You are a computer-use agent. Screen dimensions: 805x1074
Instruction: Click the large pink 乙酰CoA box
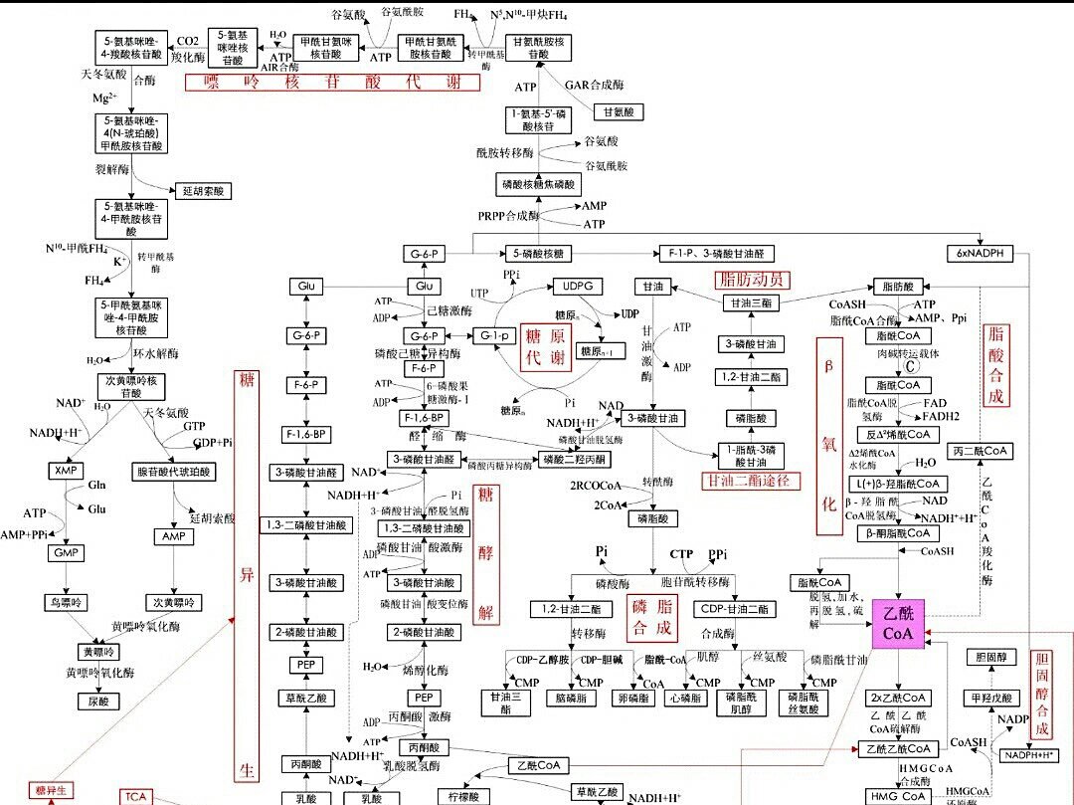[x=898, y=623]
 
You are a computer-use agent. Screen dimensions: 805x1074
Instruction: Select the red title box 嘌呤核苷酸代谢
[x=332, y=83]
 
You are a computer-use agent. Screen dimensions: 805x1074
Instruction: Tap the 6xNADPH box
[x=981, y=254]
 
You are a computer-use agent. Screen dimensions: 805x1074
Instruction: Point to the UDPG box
[x=578, y=287]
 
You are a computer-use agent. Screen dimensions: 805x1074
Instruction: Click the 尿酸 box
[x=98, y=702]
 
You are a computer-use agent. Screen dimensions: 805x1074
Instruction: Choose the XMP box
[x=67, y=470]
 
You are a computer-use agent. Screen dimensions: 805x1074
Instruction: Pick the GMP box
[x=67, y=552]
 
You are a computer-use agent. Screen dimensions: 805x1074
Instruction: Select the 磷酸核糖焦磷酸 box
[x=538, y=184]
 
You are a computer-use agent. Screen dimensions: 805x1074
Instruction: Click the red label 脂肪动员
[x=751, y=280]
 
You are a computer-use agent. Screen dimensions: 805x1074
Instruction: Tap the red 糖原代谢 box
[x=547, y=346]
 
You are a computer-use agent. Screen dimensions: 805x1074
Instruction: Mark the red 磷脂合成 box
[x=652, y=617]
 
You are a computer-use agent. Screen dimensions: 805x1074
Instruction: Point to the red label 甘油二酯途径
[x=751, y=481]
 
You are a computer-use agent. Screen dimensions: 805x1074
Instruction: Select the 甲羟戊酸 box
[x=990, y=699]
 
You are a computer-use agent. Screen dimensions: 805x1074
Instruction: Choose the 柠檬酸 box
[x=463, y=797]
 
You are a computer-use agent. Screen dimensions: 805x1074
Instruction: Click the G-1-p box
[x=494, y=336]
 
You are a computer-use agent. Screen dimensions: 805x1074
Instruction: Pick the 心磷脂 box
[x=685, y=699]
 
